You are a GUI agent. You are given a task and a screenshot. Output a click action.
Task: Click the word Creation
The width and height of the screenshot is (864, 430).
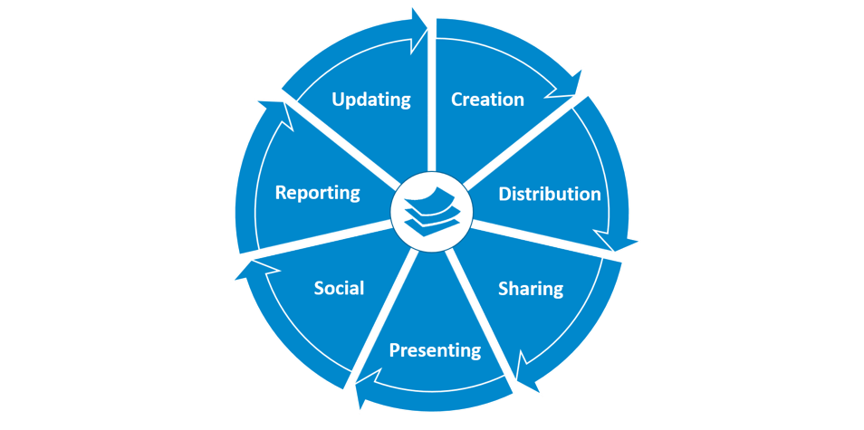(x=487, y=100)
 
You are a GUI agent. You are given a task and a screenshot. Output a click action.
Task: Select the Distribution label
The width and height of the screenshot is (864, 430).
(x=550, y=194)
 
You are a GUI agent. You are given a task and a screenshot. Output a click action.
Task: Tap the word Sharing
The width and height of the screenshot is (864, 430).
(x=531, y=289)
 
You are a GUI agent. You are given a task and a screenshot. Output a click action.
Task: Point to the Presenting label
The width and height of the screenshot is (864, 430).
(x=435, y=349)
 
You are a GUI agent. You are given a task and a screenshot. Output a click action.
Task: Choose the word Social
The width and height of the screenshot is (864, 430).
(x=339, y=288)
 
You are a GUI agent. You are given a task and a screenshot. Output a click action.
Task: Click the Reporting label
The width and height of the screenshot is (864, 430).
(x=318, y=192)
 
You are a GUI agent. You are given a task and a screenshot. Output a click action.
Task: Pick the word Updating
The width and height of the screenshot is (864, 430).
(x=371, y=100)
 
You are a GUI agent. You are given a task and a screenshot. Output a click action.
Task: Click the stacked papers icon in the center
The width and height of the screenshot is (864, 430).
(x=432, y=213)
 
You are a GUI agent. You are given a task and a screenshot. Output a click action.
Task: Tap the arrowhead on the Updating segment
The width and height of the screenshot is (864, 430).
(x=418, y=27)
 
